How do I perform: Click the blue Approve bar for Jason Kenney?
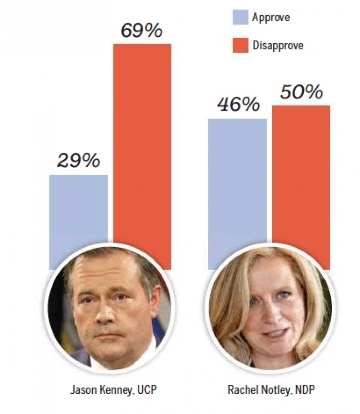78,211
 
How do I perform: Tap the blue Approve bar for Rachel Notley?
237,180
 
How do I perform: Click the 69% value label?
141,31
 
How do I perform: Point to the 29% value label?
79,161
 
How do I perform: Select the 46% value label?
238,104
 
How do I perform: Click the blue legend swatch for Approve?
240,18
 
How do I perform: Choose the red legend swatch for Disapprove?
240,45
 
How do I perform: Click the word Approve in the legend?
271,18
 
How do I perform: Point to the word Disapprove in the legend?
278,45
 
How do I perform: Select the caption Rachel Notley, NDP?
269,389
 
